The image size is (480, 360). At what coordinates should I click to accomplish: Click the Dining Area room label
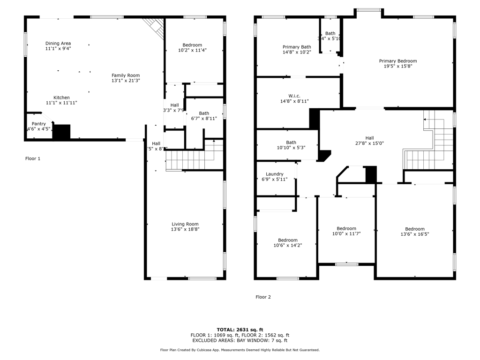coord(58,44)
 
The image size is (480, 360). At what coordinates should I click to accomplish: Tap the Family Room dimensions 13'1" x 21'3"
coord(126,81)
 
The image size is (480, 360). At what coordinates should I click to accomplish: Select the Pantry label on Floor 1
coord(38,124)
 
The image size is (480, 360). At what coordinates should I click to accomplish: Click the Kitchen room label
coord(61,98)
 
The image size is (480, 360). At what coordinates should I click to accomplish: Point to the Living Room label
coord(185,224)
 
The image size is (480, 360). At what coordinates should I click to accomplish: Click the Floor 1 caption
coord(33,158)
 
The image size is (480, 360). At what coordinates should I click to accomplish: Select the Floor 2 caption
coord(263,297)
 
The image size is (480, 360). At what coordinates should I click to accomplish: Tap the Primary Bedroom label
coord(397,61)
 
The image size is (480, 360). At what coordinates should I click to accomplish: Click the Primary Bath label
coord(296,47)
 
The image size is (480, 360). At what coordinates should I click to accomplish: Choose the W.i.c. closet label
coord(294,96)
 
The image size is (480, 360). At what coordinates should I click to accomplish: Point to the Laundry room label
coord(275,174)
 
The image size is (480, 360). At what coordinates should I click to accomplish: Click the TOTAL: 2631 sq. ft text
coord(240,329)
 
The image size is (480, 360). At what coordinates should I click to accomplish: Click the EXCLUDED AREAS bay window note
coord(240,341)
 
